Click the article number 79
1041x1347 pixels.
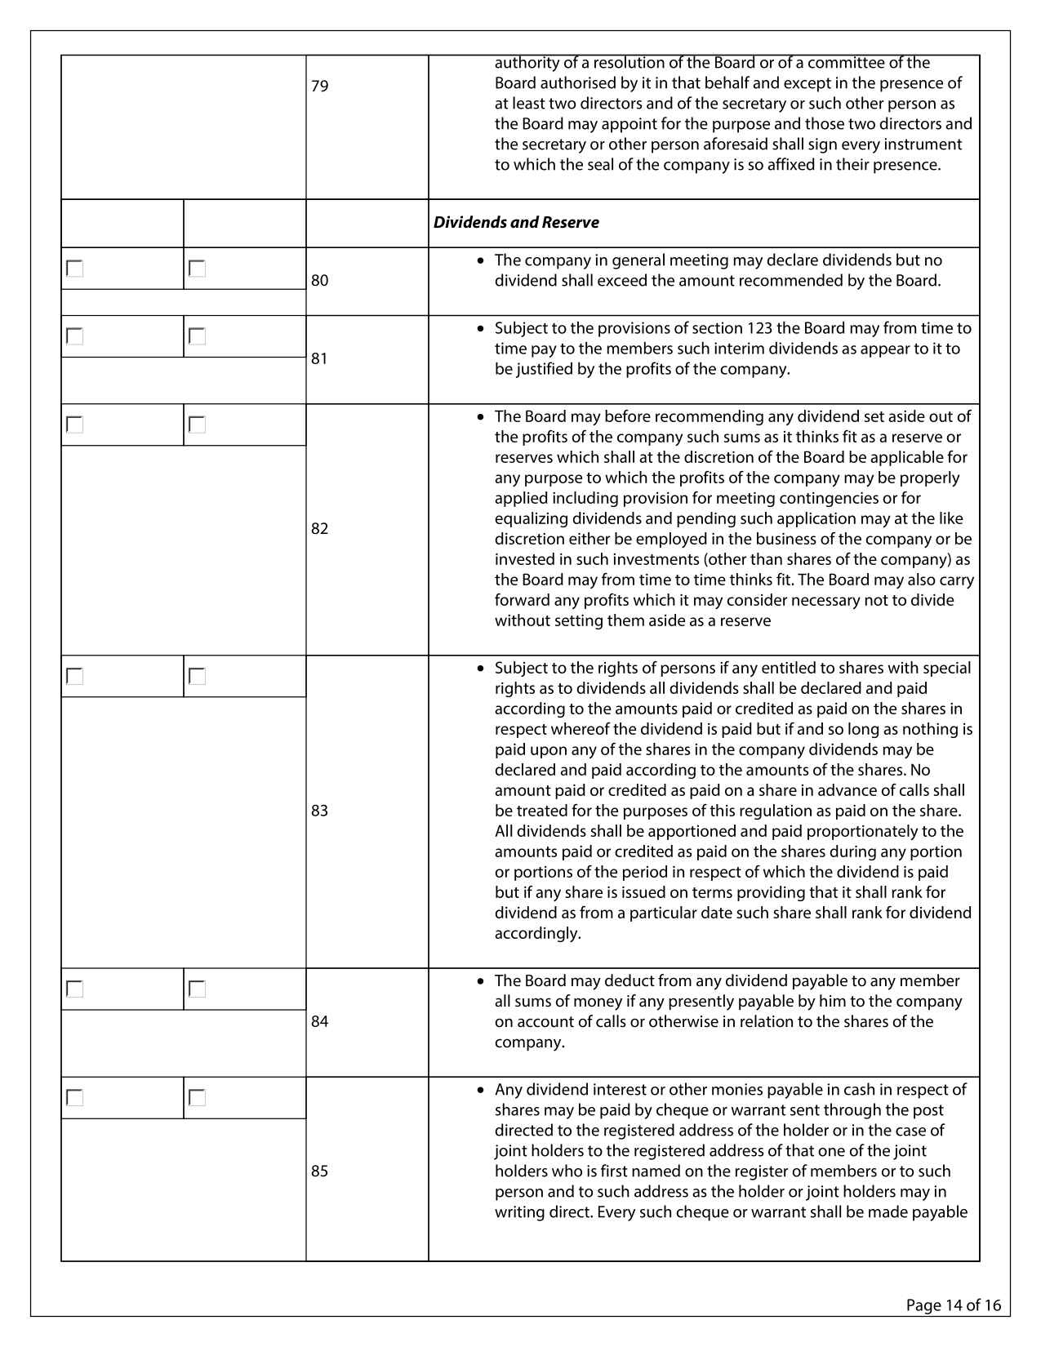(319, 86)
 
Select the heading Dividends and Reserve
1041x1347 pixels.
(516, 222)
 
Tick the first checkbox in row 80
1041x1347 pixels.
(75, 269)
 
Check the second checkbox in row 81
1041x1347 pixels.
(197, 336)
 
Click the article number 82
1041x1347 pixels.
(319, 528)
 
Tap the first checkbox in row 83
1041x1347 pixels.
(75, 676)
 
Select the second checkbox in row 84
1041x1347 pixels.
(197, 989)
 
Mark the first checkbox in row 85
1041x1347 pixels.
(75, 1097)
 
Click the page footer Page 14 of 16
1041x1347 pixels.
(953, 1305)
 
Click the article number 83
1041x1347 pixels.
(319, 810)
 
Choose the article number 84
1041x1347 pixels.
(319, 1021)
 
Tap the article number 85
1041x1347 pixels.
(319, 1171)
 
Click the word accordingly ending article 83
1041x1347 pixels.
(537, 933)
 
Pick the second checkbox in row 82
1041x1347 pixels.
(197, 425)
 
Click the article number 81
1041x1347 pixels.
(319, 358)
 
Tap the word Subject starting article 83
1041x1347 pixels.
(523, 668)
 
